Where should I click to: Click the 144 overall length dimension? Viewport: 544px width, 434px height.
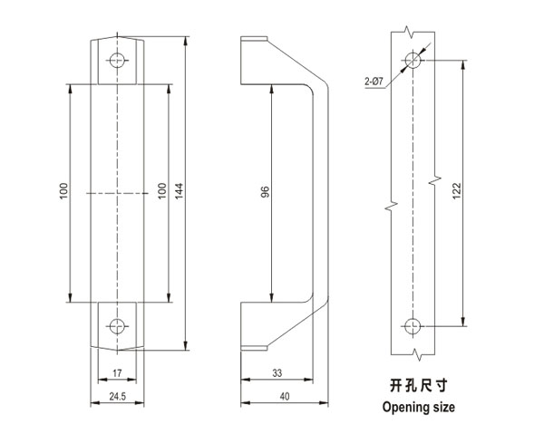click(x=180, y=191)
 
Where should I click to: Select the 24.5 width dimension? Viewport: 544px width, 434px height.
click(x=117, y=396)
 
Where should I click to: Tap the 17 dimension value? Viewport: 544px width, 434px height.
click(x=117, y=371)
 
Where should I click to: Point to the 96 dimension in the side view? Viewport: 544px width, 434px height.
click(x=265, y=192)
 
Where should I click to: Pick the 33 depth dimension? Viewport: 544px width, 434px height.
click(x=277, y=371)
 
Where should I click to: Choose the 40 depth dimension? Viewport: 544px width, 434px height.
click(x=283, y=396)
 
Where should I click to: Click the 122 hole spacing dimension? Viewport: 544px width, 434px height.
click(x=457, y=191)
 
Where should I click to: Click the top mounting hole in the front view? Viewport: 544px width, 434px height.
click(x=116, y=61)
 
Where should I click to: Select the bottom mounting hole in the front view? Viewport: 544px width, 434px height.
click(x=116, y=324)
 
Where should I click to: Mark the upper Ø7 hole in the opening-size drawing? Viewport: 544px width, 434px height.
click(x=413, y=61)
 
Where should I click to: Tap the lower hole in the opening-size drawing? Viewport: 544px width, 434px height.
click(x=413, y=324)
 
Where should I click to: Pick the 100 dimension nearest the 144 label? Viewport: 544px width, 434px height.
click(x=161, y=192)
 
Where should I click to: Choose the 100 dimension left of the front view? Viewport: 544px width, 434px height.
click(x=63, y=192)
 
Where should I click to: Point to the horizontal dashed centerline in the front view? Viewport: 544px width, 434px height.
click(x=117, y=192)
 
